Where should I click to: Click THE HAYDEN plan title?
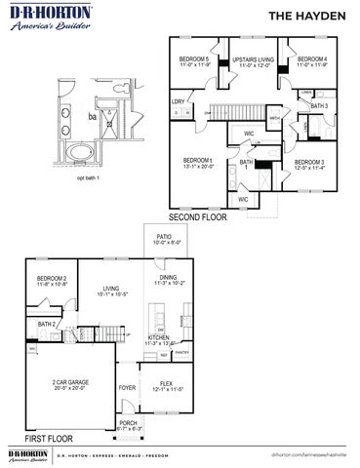click(x=311, y=15)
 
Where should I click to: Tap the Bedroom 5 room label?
click(x=195, y=61)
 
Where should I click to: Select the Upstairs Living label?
click(x=253, y=61)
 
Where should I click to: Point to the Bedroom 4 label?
click(x=312, y=61)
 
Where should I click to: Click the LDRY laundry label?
click(x=179, y=101)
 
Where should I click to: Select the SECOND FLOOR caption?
click(x=197, y=217)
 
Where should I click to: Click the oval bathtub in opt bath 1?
click(x=76, y=154)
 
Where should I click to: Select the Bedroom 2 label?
click(x=52, y=281)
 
